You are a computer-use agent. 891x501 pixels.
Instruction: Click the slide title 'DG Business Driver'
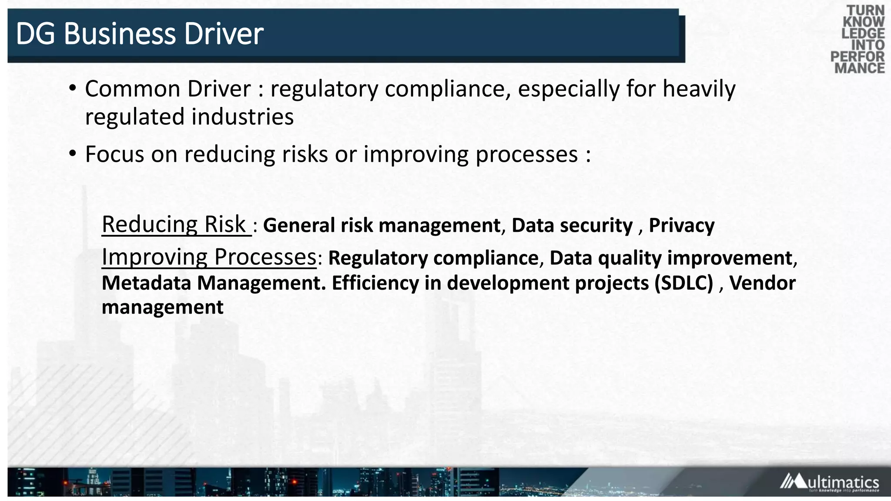point(139,34)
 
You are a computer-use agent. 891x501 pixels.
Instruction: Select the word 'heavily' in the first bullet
point(699,89)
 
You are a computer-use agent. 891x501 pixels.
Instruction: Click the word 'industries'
point(242,117)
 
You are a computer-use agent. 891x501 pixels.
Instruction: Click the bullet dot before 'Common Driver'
point(73,88)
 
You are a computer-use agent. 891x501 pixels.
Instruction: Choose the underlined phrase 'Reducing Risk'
point(175,224)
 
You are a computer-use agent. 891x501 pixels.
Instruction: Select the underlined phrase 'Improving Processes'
point(209,257)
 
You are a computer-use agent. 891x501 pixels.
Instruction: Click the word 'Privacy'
point(681,225)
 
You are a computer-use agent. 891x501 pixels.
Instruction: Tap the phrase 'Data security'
point(572,225)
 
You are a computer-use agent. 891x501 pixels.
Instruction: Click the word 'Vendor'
point(762,283)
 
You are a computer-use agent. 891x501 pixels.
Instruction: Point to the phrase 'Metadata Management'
point(213,283)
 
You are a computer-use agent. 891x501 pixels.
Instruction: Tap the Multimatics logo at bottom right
point(829,482)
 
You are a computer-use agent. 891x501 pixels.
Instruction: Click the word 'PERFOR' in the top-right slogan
point(857,57)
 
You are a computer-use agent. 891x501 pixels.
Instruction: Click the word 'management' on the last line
point(162,307)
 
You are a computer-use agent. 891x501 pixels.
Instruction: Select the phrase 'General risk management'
point(382,225)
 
